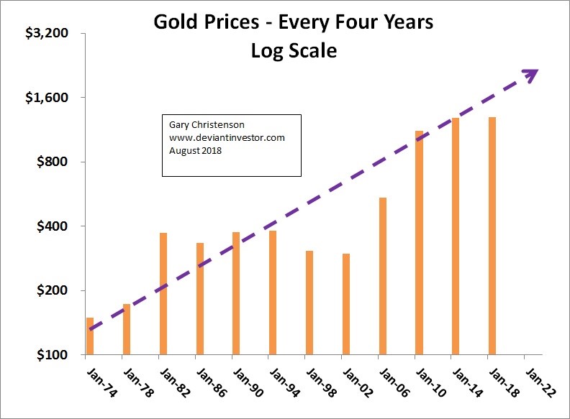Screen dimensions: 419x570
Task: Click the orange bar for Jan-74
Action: coord(90,336)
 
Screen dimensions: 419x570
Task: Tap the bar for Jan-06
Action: coord(382,276)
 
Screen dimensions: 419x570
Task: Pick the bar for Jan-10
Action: coord(419,243)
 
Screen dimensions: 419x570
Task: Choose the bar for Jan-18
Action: coord(492,236)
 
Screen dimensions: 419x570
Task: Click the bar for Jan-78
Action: coord(127,329)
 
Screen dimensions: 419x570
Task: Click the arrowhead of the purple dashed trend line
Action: coord(532,73)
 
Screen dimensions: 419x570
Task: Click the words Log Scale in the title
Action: coord(294,52)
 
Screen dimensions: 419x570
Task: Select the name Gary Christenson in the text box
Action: coord(202,125)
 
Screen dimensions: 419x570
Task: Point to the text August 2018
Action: coord(196,150)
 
